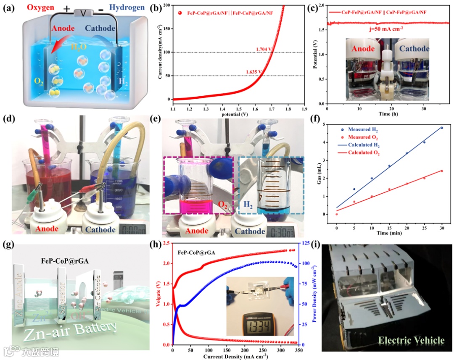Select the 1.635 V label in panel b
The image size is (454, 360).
tap(254, 71)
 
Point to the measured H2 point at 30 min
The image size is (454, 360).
tap(442, 128)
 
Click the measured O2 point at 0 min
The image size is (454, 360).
tap(336, 214)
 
